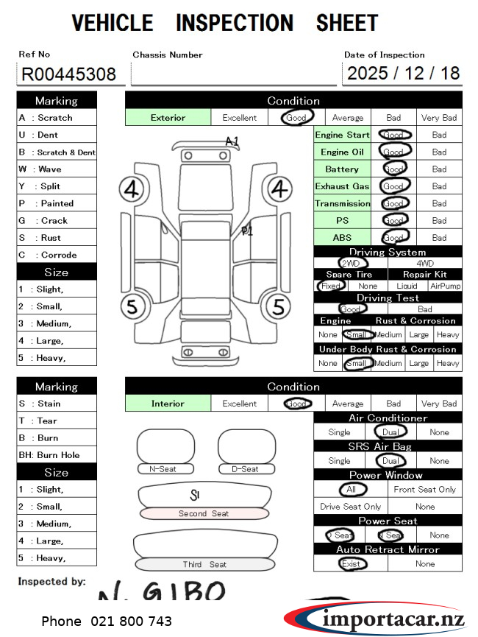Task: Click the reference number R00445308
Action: click(x=68, y=74)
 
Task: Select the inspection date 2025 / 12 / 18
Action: click(x=403, y=74)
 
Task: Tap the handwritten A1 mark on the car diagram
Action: click(x=232, y=141)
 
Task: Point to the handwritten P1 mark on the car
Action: click(x=247, y=230)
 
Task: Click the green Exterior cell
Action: click(x=168, y=118)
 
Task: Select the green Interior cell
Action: click(x=168, y=404)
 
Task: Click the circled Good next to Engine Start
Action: click(x=394, y=135)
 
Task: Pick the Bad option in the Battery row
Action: click(x=439, y=169)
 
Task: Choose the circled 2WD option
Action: click(x=351, y=263)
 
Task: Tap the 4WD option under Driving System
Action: click(x=425, y=263)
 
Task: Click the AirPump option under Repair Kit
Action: click(x=444, y=286)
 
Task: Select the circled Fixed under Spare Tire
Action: click(x=331, y=286)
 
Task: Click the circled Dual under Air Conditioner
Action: click(x=389, y=432)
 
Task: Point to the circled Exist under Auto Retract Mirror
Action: click(x=350, y=564)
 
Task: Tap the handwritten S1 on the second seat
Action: click(x=196, y=494)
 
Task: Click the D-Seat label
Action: click(x=246, y=469)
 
